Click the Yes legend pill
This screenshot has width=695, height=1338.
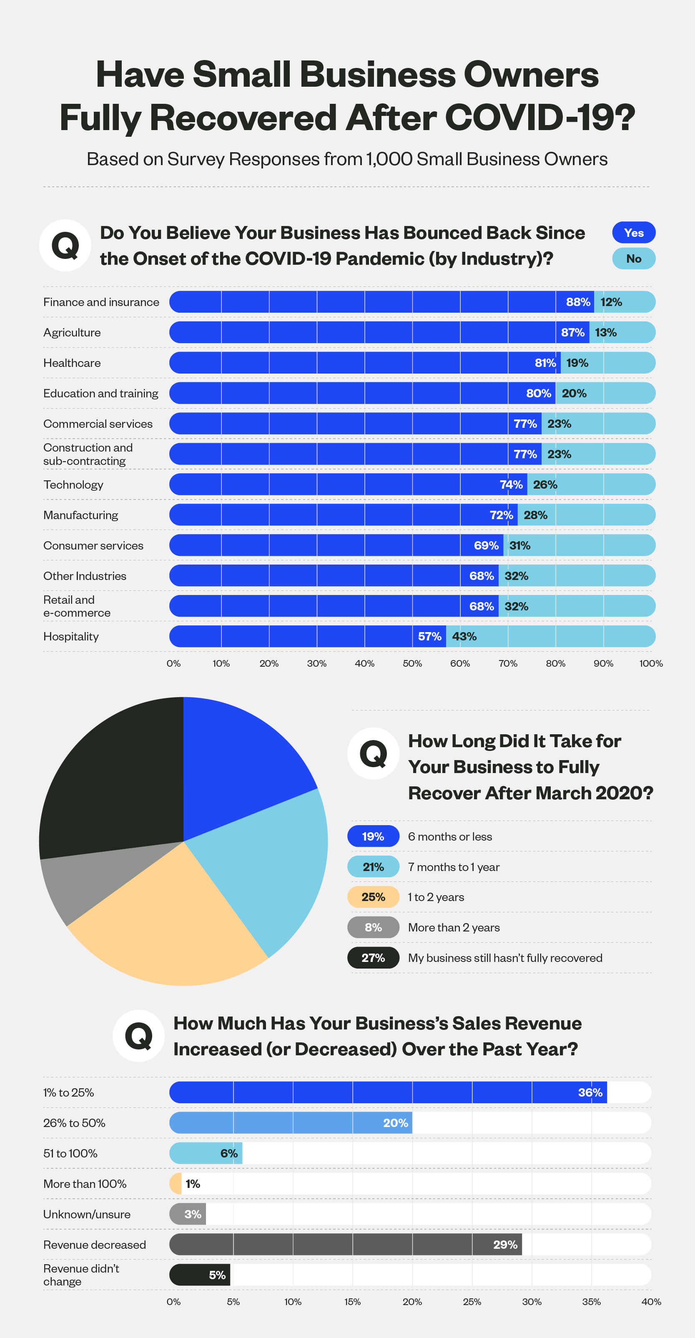tap(633, 233)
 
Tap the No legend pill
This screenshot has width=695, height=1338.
tap(633, 259)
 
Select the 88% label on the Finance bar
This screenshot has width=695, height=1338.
tap(577, 302)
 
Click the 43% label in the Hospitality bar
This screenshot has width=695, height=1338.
tap(464, 637)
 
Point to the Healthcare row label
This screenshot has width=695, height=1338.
tap(72, 363)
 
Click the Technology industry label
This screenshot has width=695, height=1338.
tap(73, 484)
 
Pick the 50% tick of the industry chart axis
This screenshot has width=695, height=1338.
tap(412, 663)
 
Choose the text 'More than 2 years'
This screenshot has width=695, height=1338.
tap(454, 928)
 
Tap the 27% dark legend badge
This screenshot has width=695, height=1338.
tap(373, 958)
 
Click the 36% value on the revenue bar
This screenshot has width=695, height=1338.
tap(590, 1092)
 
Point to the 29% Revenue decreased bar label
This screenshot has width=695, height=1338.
tap(505, 1245)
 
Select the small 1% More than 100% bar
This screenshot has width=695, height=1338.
tap(176, 1184)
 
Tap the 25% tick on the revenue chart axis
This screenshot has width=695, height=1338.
tap(472, 1302)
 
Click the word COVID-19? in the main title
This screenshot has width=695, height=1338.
tap(540, 118)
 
